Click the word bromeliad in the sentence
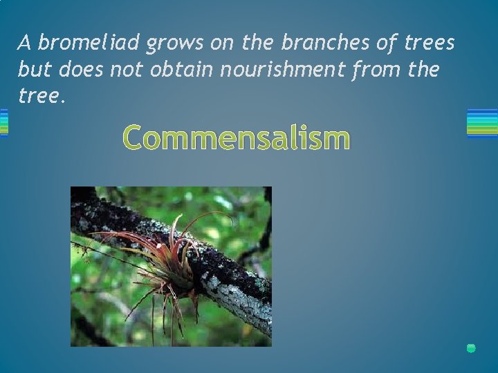tap(89, 43)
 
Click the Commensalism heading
tap(236, 137)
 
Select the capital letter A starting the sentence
tap(25, 43)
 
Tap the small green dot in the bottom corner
tap(471, 348)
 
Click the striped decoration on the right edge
tap(482, 123)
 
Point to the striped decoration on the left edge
tap(3, 123)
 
